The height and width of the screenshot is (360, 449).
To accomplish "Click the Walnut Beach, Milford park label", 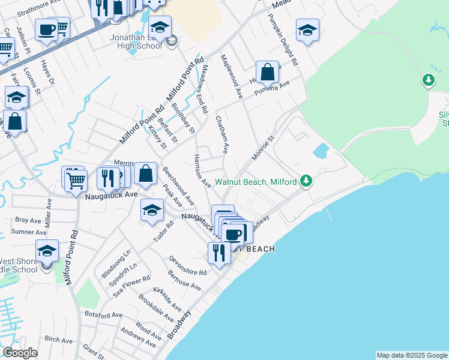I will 257,181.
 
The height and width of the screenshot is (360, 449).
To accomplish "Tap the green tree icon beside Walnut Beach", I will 306,181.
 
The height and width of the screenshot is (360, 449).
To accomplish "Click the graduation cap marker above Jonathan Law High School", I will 160,28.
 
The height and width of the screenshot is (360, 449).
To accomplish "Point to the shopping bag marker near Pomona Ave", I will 268,72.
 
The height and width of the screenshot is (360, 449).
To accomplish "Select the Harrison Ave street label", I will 200,170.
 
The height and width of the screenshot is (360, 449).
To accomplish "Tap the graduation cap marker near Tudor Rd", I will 152,210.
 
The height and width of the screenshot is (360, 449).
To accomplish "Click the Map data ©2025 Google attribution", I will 412,355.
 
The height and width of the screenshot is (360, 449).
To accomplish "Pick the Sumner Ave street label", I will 29,232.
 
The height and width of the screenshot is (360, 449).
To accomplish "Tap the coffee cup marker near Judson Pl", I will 46,30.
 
